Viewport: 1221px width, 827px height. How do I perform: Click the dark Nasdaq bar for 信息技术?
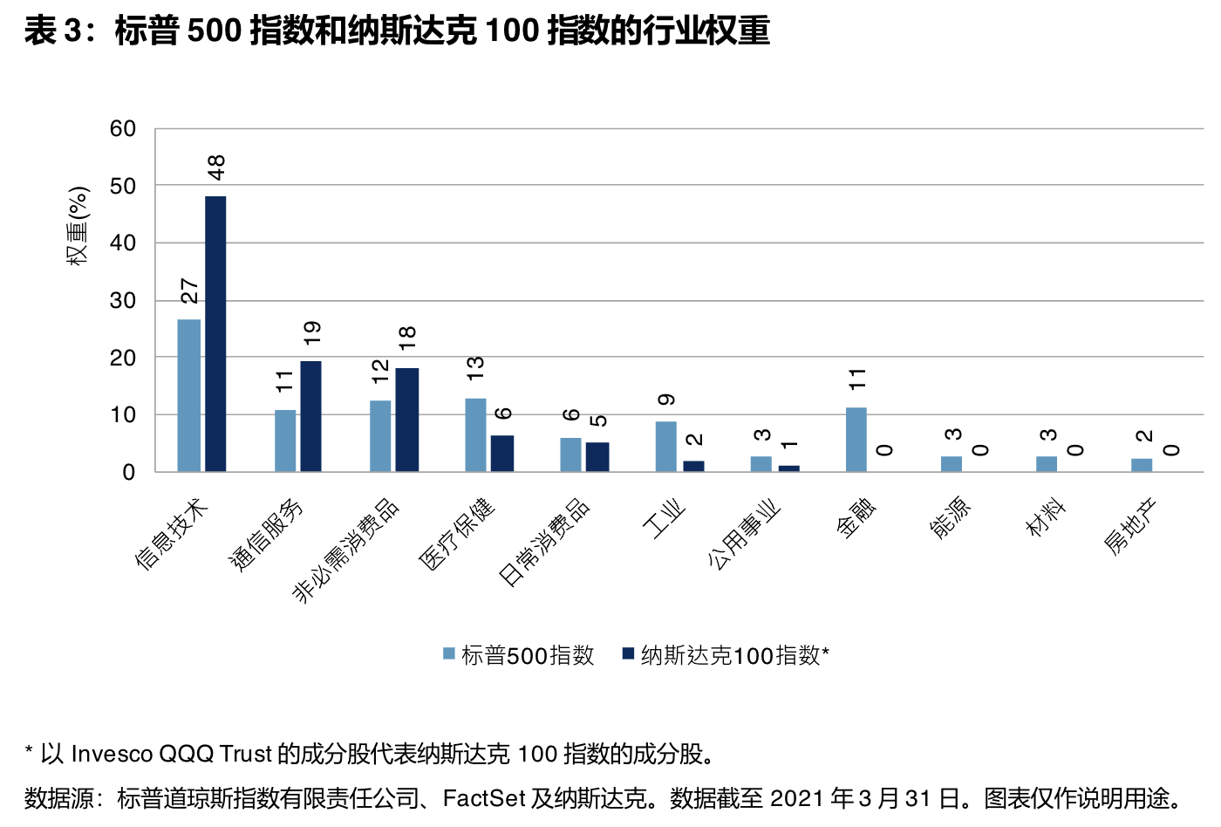tap(215, 333)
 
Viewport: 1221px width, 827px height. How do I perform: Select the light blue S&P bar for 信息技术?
tap(188, 395)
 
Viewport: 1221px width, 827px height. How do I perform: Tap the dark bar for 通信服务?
tap(310, 416)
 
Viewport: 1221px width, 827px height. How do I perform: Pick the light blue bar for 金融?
tap(856, 439)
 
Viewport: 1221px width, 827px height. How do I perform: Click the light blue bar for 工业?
tap(665, 446)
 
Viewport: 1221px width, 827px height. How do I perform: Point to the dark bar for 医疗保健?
tap(502, 453)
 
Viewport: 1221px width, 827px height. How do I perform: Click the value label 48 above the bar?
tap(216, 167)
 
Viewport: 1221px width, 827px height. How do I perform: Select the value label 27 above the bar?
tap(189, 290)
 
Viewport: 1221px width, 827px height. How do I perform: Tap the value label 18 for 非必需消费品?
tap(407, 338)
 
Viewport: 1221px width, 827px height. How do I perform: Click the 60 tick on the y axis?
tap(123, 129)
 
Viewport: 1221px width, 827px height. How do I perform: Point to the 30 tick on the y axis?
tap(123, 301)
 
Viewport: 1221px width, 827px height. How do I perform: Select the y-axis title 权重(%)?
tap(78, 225)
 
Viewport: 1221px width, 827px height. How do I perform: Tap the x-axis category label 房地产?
tap(1129, 526)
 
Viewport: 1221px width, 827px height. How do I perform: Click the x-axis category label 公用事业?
tap(743, 535)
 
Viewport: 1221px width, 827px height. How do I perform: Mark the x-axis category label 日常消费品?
tap(543, 542)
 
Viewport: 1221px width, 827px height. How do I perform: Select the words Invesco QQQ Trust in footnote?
tap(172, 754)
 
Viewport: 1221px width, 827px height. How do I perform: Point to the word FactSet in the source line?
tap(484, 798)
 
